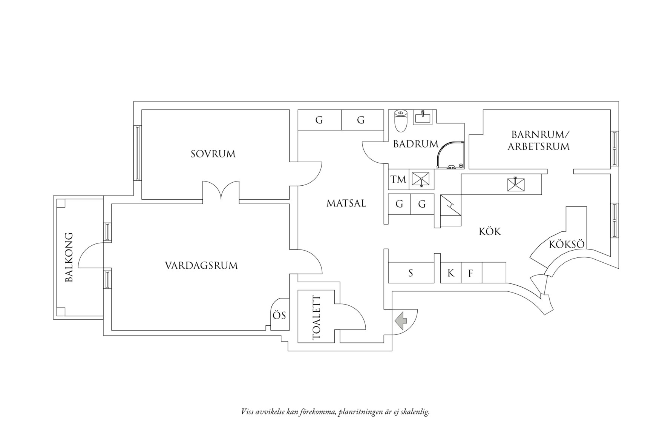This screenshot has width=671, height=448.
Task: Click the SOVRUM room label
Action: coord(213,154)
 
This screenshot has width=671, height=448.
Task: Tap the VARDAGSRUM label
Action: coord(201,265)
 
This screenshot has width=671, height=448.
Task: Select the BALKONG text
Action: coord(69,257)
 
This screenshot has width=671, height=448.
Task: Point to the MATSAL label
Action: coord(346,203)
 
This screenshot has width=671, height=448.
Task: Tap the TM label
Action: coord(398,179)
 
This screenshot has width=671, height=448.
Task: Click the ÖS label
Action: coord(279,316)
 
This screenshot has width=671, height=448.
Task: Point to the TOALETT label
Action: coord(316,318)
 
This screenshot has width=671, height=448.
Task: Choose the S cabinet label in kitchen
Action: coord(411,273)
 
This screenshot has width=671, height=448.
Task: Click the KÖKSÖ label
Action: coord(567,244)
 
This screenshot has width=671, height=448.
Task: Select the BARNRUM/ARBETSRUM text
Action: coord(539,140)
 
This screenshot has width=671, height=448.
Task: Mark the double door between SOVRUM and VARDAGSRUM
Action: coord(221,191)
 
